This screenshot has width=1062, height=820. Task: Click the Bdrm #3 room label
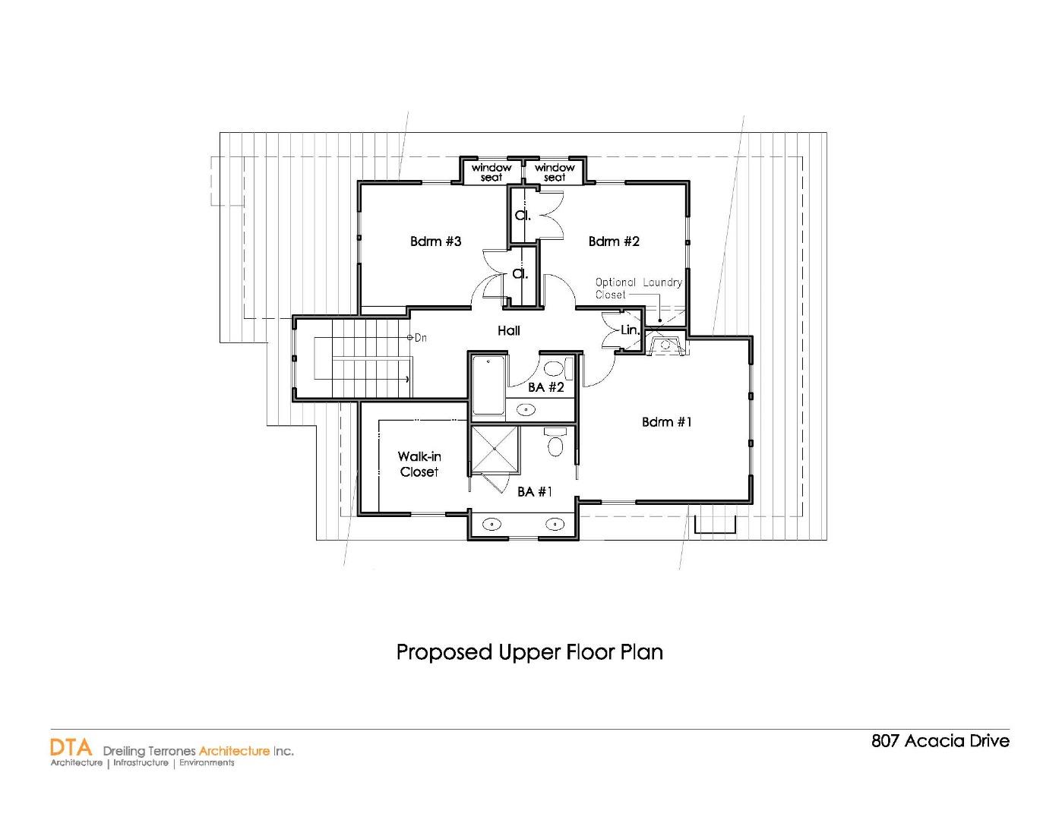435,241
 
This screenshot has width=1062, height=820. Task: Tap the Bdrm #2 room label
614,241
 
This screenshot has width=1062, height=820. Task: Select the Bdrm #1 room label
667,422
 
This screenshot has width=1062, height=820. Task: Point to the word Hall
509,330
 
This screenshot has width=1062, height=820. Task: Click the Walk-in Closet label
419,464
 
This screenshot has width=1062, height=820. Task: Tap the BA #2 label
546,387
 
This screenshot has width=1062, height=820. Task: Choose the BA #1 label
535,492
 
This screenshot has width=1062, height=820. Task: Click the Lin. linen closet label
630,330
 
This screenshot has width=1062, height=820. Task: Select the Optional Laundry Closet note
638,289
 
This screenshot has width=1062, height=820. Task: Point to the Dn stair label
420,337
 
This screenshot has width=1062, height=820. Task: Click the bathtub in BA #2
488,386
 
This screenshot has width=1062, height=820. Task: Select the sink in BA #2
526,410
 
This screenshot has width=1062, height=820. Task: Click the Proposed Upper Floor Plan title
529,652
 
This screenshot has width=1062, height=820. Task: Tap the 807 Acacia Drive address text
940,741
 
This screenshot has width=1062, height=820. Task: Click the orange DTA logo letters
71,747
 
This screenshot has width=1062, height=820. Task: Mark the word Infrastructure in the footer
141,762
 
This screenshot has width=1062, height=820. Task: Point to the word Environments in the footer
207,762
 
